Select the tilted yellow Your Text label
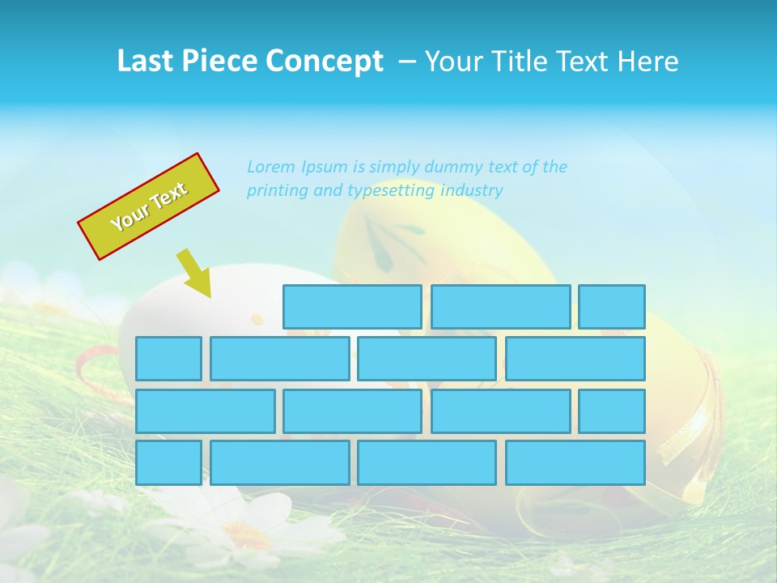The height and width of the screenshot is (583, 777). tap(149, 206)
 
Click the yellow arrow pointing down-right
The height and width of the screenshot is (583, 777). tap(194, 274)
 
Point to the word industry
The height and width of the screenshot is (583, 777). tap(472, 191)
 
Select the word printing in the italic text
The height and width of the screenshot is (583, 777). tap(276, 191)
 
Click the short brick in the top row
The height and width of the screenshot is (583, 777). tap(612, 307)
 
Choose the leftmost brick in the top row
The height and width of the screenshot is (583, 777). tap(352, 307)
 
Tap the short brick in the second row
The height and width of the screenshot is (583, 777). tap(168, 359)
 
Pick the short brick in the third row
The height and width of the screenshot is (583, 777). tap(612, 411)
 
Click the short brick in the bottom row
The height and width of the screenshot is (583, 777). tap(168, 463)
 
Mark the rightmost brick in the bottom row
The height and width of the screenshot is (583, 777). tap(575, 463)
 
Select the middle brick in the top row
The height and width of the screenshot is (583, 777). tap(500, 307)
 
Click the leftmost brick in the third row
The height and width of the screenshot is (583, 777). tap(206, 411)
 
